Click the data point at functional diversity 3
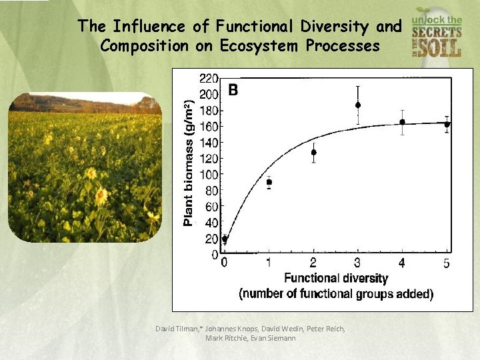[x=358, y=105]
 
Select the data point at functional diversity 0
[x=225, y=239]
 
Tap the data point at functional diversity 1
[x=269, y=182]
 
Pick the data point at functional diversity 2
[x=313, y=152]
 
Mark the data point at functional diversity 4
[x=402, y=122]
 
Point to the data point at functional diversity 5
[x=447, y=124]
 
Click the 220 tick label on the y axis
[x=209, y=78]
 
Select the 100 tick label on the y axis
[x=209, y=175]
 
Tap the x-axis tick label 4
[x=402, y=263]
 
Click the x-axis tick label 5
[x=446, y=263]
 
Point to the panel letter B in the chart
[x=233, y=89]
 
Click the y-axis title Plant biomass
[x=189, y=163]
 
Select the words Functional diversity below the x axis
[x=335, y=278]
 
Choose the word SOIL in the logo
[x=437, y=47]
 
